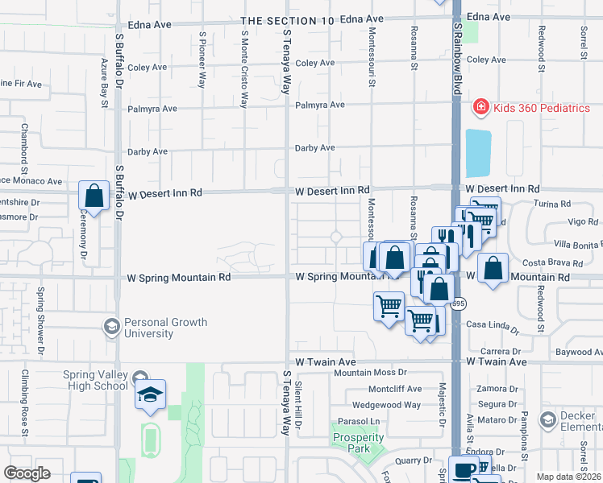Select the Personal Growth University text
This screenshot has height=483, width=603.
click(x=166, y=328)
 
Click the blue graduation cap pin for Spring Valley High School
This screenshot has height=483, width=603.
click(x=150, y=394)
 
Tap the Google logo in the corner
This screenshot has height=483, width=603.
click(x=27, y=473)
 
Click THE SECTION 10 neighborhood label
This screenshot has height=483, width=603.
click(x=287, y=20)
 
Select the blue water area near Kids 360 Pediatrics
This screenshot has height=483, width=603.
click(x=477, y=153)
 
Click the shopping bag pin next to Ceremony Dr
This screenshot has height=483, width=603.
click(x=94, y=196)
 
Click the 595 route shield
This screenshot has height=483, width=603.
click(x=459, y=303)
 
